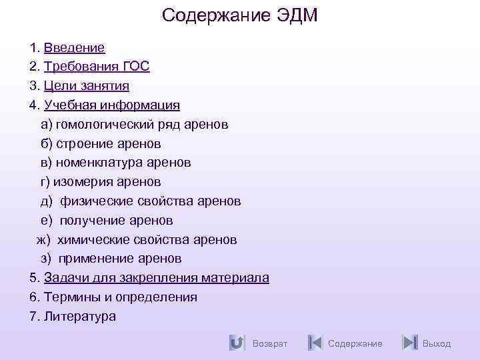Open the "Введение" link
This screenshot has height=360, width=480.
[74, 47]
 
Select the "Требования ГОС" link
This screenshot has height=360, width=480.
[97, 67]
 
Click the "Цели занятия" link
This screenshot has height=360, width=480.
[87, 86]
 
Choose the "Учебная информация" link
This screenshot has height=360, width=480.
[112, 105]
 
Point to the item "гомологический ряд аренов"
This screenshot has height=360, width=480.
[142, 125]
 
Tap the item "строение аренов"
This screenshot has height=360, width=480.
[109, 143]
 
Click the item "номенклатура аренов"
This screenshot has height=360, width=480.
[123, 163]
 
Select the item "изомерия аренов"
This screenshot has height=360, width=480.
[107, 182]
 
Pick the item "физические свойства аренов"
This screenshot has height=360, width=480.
[151, 201]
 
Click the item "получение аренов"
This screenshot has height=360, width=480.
[117, 220]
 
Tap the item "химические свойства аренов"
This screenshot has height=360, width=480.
[147, 239]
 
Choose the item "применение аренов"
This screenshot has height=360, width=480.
[120, 259]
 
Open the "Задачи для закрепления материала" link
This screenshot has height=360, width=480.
[157, 278]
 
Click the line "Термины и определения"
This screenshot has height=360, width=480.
[121, 297]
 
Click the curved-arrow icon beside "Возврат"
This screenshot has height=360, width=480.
[236, 343]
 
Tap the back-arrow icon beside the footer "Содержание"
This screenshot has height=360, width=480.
[315, 343]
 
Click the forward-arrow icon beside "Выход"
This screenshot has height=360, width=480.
[410, 343]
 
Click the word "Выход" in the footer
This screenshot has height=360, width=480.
[437, 343]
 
